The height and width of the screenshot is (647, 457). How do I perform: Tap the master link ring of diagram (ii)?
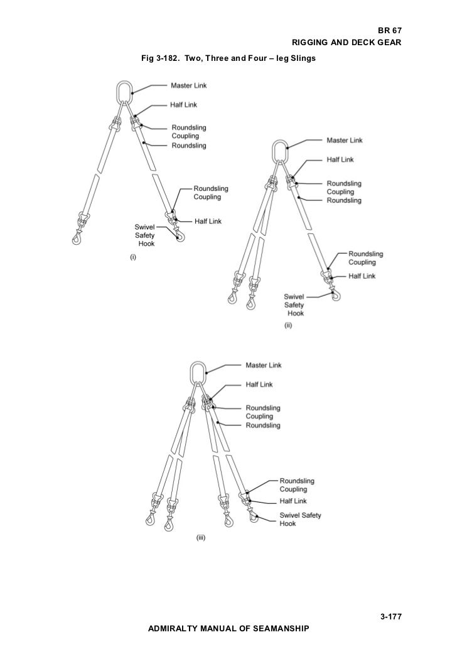coord(279,151)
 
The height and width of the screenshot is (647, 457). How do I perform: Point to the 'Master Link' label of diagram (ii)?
coord(344,140)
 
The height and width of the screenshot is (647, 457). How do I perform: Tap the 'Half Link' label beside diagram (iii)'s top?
coord(259,384)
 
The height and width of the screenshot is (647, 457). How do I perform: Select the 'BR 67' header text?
coord(389,30)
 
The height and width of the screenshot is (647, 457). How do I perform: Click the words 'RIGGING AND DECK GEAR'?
coord(347,43)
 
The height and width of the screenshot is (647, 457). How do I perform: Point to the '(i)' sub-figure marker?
coord(133,257)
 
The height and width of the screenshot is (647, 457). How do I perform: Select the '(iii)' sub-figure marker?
coord(202,537)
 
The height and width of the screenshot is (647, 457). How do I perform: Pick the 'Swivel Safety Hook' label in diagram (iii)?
coord(297,518)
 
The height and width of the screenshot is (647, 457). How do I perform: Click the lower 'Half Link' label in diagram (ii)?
coord(362,276)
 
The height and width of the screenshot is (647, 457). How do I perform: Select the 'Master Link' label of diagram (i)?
coord(189,85)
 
